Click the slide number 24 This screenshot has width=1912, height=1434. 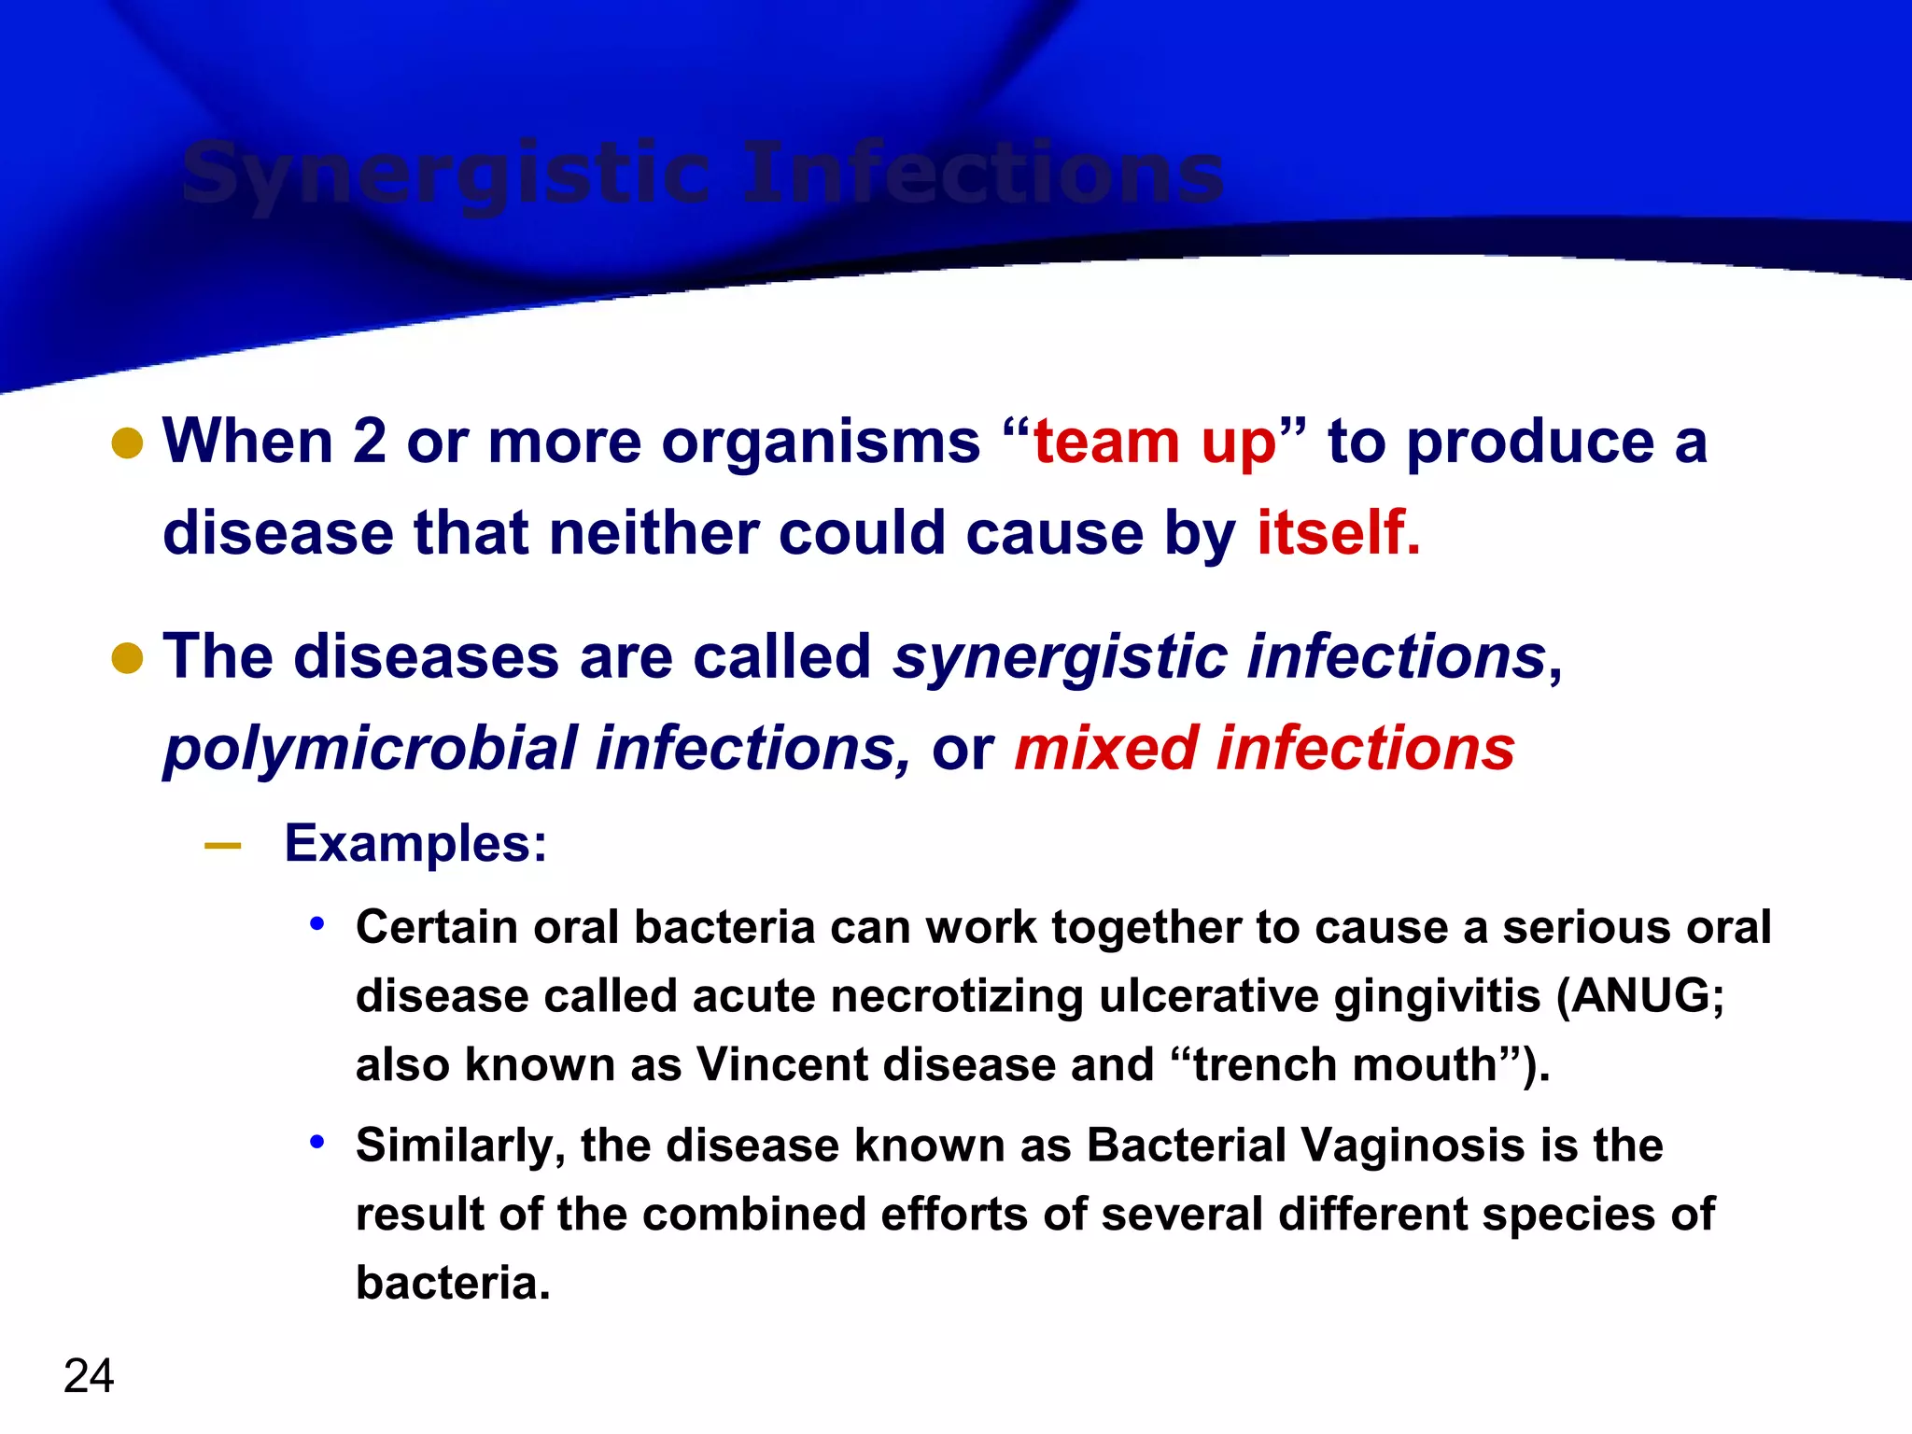point(89,1375)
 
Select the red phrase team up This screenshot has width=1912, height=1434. point(1154,442)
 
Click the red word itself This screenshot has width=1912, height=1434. point(1337,533)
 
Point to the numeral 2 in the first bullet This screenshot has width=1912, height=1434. point(369,442)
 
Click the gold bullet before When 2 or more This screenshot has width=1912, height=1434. point(127,443)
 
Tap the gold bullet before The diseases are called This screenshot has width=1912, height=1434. point(127,658)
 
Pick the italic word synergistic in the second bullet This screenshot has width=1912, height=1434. point(1059,657)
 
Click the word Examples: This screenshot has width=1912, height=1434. point(415,844)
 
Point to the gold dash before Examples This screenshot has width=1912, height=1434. point(222,846)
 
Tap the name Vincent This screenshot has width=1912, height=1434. point(782,1064)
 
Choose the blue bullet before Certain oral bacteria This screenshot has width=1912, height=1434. point(317,924)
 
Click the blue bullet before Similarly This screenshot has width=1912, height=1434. point(317,1141)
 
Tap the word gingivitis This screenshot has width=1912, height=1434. point(1436,997)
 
